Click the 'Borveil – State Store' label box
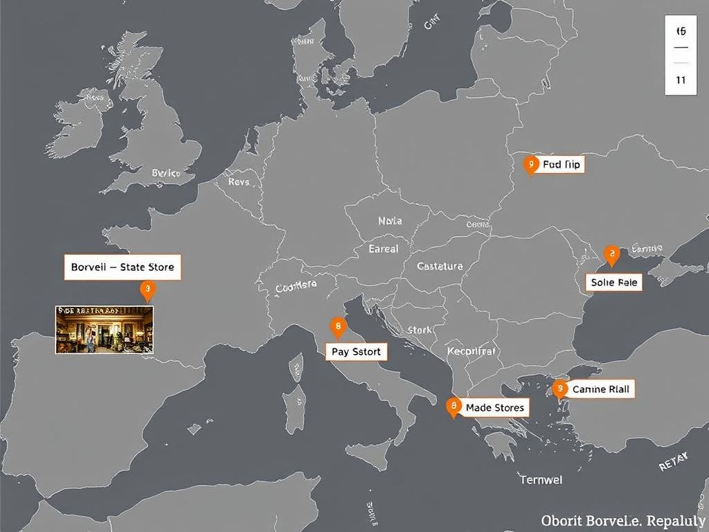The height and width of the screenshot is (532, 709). (123, 267)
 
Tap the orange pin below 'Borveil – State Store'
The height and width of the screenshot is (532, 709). (147, 290)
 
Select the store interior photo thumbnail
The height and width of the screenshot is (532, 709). (104, 330)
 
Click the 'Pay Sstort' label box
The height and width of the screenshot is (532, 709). (356, 352)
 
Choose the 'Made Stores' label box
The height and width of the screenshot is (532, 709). (494, 407)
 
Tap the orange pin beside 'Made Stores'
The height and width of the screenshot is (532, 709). (454, 406)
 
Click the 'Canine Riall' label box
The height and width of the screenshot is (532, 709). (600, 389)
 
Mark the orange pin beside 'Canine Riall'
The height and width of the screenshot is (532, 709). (559, 389)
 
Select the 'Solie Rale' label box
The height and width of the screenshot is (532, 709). (614, 282)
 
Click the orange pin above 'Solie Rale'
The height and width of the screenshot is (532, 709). (611, 254)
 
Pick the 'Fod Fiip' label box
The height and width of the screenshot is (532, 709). (562, 164)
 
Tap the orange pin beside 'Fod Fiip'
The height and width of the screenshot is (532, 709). (530, 164)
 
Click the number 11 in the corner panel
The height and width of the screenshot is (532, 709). (681, 80)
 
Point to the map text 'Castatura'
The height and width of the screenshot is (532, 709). (440, 266)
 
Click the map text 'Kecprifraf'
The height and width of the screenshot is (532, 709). (472, 351)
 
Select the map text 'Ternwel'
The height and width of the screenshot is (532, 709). (541, 479)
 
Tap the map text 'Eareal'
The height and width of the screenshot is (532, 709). (384, 248)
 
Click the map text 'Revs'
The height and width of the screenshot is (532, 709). (238, 181)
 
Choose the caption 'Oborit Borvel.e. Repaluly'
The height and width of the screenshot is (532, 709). (622, 520)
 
